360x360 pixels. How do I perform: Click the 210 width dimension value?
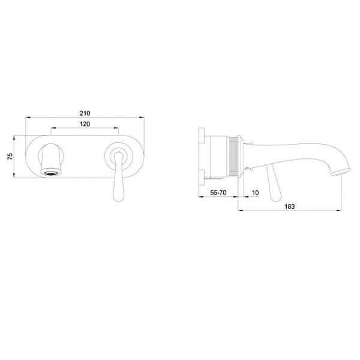click(85, 113)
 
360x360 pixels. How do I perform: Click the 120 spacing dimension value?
click(85, 124)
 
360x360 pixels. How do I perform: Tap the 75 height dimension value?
click(10, 157)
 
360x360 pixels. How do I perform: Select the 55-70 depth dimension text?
click(218, 193)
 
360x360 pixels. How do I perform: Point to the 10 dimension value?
click(256, 193)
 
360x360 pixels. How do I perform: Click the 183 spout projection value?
click(290, 206)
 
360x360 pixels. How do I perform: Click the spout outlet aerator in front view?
click(52, 173)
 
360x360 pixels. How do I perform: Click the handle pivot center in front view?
click(118, 155)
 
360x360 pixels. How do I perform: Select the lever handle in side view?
click(274, 183)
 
